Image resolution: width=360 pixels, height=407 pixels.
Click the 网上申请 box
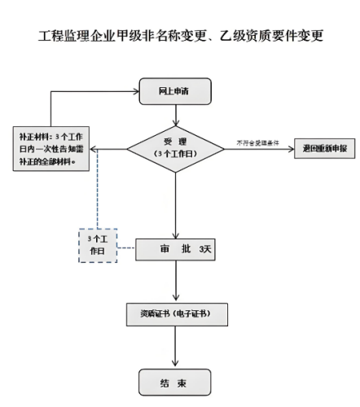click(x=175, y=91)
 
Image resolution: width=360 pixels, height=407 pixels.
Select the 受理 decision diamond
click(x=175, y=148)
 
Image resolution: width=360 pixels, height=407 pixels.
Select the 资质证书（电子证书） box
click(x=175, y=314)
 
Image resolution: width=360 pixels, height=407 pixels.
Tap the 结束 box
click(x=175, y=381)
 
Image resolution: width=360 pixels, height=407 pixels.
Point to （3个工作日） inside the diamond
click(x=175, y=155)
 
